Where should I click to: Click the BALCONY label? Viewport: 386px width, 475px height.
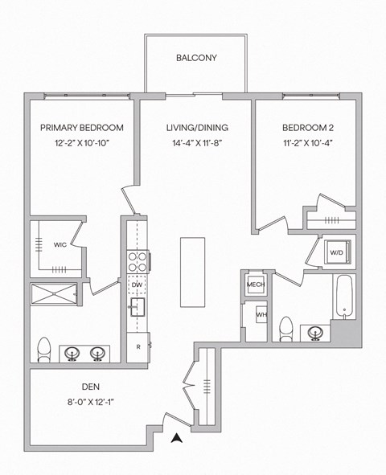(196, 58)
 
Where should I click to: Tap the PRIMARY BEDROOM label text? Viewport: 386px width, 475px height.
(82, 128)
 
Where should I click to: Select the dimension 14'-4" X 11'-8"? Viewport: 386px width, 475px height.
(197, 144)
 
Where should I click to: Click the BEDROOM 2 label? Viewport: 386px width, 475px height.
(307, 128)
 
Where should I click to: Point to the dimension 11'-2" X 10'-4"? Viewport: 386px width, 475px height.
(307, 144)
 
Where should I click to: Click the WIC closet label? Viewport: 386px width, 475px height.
(60, 244)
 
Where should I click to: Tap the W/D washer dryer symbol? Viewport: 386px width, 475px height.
(336, 252)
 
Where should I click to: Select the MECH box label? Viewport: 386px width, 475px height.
(256, 285)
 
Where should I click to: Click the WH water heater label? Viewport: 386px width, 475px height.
(261, 315)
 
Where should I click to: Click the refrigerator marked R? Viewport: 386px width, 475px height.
(138, 347)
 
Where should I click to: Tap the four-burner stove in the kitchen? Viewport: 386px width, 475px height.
(136, 262)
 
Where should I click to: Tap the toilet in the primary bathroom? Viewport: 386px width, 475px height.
(44, 349)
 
